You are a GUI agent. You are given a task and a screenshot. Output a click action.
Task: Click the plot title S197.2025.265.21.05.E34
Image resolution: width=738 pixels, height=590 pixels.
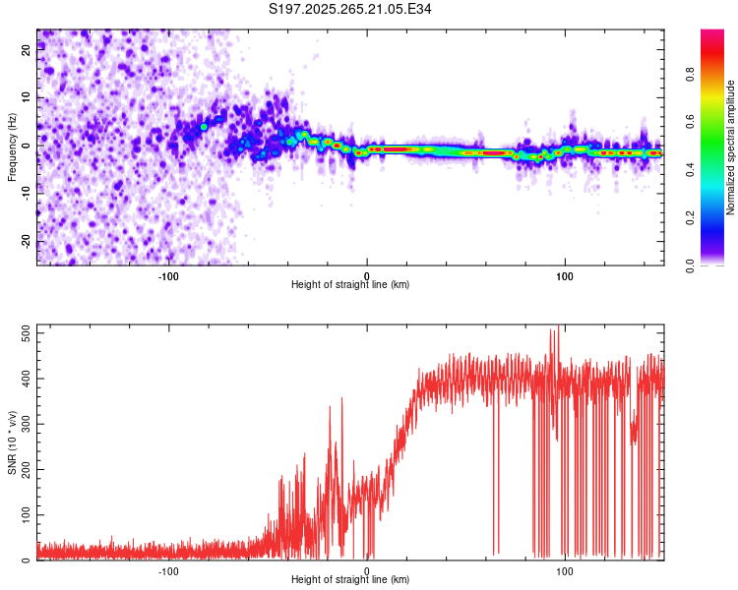point(351,9)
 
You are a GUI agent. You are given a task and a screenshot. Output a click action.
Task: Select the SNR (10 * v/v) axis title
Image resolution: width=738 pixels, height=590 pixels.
point(12,442)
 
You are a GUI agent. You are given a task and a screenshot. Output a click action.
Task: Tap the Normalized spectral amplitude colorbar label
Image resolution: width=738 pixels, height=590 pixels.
point(731,147)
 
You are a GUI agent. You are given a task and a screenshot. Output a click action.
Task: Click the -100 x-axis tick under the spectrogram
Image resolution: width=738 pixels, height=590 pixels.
point(168,275)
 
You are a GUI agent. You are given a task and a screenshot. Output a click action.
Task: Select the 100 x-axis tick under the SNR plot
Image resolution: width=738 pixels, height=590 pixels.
point(565,570)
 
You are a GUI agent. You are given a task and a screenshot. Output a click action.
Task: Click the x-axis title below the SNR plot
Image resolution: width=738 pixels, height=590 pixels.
point(350,580)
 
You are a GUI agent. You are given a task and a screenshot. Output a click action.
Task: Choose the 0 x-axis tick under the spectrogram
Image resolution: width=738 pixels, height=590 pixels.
point(367,275)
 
